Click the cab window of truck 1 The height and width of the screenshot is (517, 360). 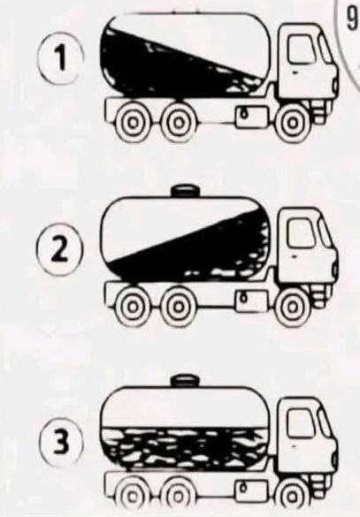click(x=301, y=49)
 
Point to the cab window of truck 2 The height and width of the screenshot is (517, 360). click(x=301, y=232)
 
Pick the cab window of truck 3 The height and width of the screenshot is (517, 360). click(x=300, y=423)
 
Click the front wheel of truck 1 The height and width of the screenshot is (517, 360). click(x=293, y=124)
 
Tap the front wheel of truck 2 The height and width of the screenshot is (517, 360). click(x=293, y=308)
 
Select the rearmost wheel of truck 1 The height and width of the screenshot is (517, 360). click(x=133, y=123)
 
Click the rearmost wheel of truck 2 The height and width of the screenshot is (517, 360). click(x=133, y=307)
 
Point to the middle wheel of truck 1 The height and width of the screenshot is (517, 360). click(x=179, y=123)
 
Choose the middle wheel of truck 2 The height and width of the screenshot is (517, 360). click(x=179, y=307)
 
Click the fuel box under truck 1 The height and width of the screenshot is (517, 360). click(x=251, y=116)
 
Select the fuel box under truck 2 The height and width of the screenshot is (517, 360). click(x=251, y=300)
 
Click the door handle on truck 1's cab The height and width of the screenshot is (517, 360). click(x=294, y=72)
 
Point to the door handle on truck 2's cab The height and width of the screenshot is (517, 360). click(x=294, y=255)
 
